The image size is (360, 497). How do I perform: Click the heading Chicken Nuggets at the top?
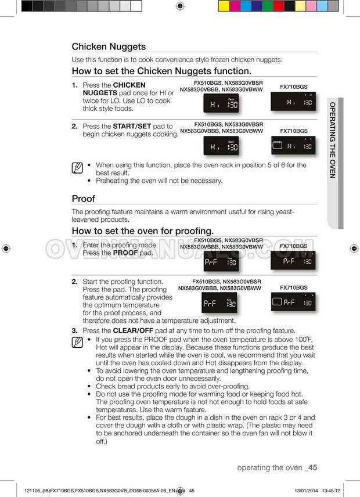coord(109,46)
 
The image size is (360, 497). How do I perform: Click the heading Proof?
coord(83,199)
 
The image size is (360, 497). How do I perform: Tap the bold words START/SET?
coord(132,126)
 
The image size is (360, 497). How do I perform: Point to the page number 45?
coord(312,467)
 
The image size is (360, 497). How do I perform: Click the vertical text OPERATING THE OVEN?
coord(333,140)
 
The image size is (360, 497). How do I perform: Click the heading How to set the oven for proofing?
coord(143,231)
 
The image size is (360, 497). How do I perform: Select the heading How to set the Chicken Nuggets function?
coord(161,71)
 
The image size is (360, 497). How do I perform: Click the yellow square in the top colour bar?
coord(224,6)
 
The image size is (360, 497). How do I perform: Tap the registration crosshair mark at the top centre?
coord(180,6)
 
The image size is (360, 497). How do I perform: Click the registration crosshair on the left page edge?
coord(6,248)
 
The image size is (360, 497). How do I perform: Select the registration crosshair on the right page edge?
coord(354,248)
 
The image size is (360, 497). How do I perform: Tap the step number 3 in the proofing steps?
coord(74,330)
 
